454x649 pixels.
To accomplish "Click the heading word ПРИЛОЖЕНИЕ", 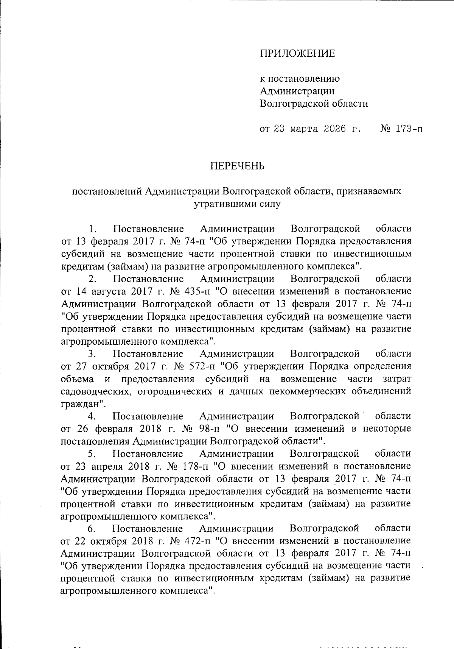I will click(x=297, y=53).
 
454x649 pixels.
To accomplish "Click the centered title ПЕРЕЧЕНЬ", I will click(x=237, y=166).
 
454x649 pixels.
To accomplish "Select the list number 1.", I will click(x=92, y=229).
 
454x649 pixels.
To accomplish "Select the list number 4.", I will click(x=92, y=416).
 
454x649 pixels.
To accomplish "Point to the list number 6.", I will click(x=92, y=528).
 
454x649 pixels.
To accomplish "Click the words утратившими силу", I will click(x=237, y=204).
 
